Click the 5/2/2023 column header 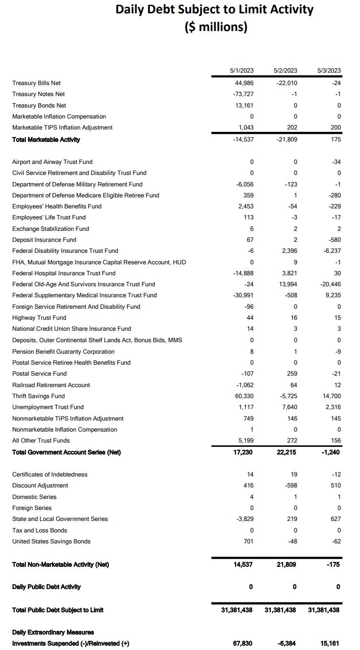point(285,70)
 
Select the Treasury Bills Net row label point(36,83)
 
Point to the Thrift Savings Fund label point(38,396)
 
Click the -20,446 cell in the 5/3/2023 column point(330,284)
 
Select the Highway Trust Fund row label point(39,318)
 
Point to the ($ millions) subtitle point(216,27)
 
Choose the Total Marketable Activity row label point(46,140)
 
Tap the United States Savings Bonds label point(51,542)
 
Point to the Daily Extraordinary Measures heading point(53,632)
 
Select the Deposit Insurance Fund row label point(44,240)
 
